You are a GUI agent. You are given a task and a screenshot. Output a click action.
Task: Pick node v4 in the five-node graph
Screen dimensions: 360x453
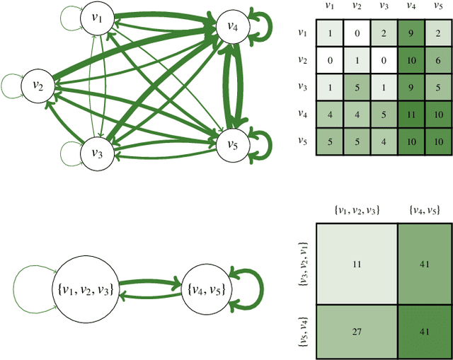232,25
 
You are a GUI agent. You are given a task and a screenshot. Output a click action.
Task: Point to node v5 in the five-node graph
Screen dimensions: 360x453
232,144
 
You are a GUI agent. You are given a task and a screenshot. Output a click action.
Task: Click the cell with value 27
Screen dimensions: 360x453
355,330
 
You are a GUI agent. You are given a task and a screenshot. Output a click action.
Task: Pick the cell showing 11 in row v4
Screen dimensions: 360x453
409,112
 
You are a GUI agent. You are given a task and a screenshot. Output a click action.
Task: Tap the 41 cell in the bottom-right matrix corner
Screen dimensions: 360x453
423,330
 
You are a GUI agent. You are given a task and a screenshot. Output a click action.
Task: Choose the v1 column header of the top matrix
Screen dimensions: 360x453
329,6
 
